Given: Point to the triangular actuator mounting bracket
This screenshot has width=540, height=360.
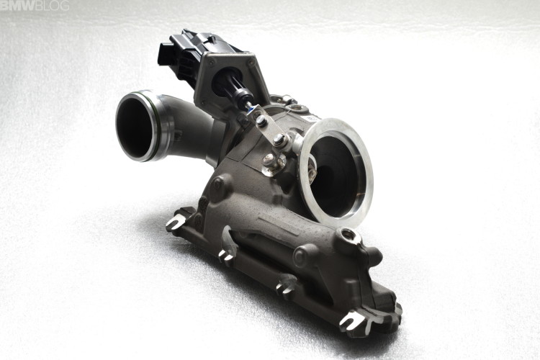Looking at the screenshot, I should coord(226,68).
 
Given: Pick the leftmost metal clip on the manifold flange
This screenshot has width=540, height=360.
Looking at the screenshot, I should coord(174,222).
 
